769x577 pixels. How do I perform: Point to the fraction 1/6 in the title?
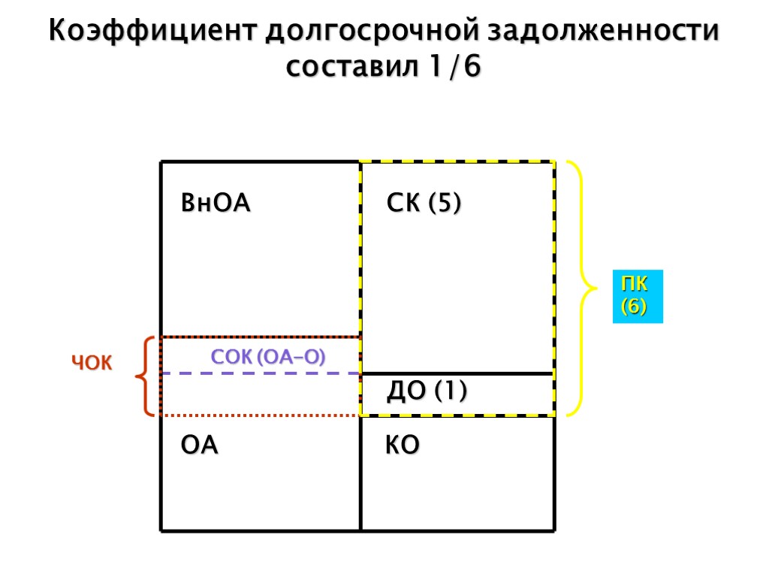455,67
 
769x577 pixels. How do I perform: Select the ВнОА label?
216,204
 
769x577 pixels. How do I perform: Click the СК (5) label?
424,204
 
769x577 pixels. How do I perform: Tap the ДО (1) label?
427,391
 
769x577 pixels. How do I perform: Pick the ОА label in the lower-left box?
200,446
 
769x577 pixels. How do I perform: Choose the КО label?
403,446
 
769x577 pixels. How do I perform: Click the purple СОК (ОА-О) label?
268,358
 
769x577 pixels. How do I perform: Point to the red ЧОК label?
92,364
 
